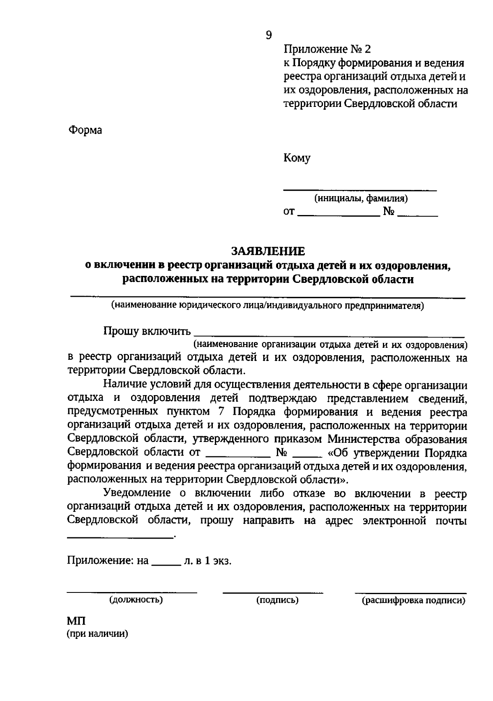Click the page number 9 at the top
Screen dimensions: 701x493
269,35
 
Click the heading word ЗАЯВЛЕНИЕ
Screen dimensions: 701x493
268,251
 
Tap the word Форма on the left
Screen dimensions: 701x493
85,130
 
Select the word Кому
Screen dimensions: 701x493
297,158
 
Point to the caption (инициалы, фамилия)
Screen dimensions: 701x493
361,199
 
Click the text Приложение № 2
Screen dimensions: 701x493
327,50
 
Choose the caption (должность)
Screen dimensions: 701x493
136,600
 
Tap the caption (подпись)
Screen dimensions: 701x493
277,600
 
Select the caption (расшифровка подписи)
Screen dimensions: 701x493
413,600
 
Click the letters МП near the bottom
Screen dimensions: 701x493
76,621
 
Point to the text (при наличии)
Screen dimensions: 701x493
98,634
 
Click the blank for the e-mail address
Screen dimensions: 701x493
120,537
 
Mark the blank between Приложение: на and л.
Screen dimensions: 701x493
166,564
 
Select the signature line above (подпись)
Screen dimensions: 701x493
273,592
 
